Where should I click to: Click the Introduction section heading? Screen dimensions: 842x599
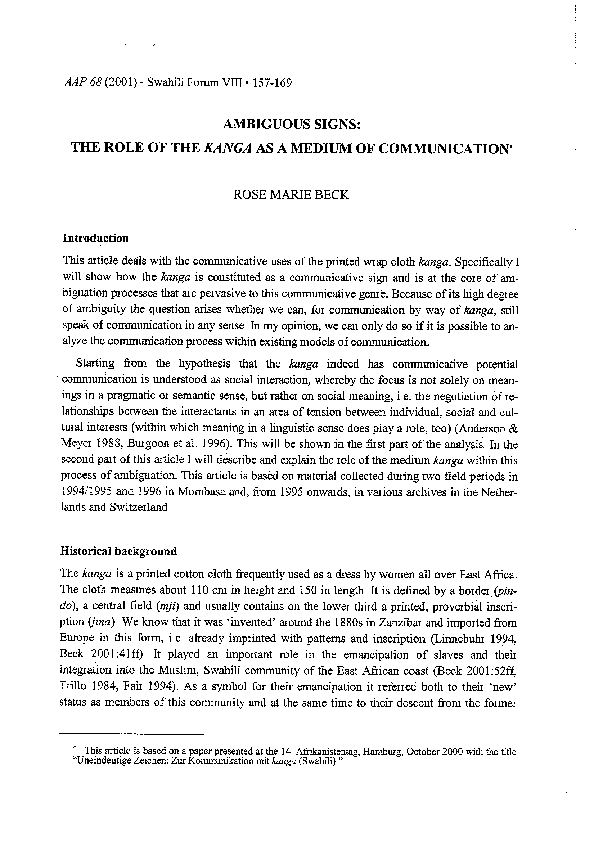(x=95, y=239)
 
